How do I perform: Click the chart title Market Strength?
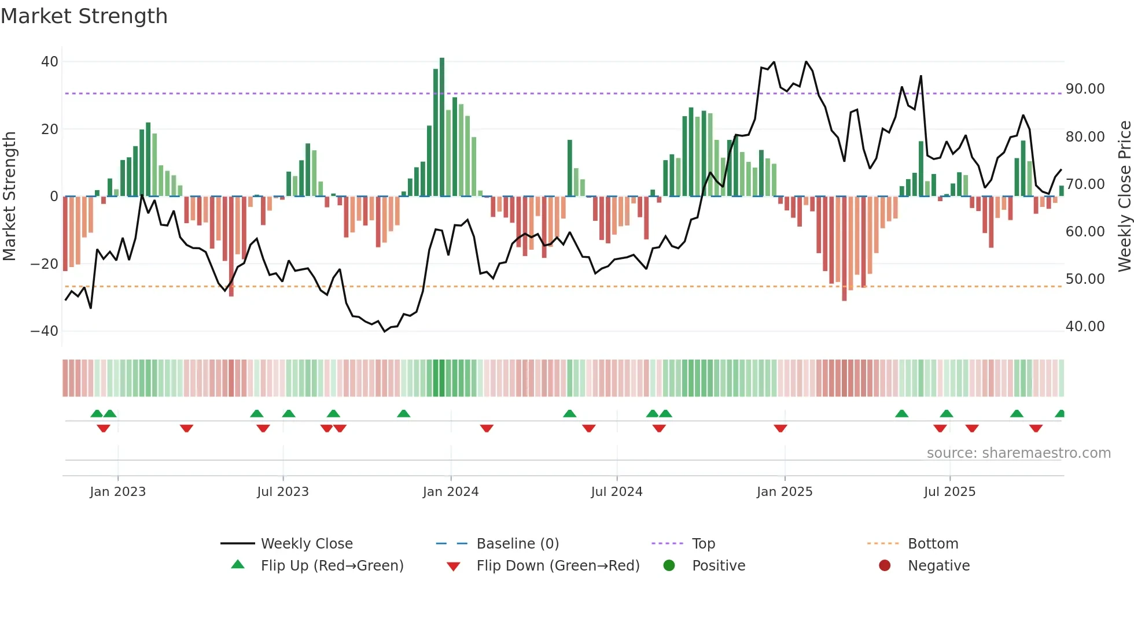click(x=84, y=16)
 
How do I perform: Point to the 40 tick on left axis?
click(x=50, y=61)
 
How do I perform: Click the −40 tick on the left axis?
click(x=45, y=331)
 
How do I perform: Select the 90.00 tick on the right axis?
click(x=1085, y=89)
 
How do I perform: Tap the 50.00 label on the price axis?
click(x=1085, y=279)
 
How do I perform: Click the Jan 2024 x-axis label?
click(x=450, y=492)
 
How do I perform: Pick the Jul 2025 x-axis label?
click(x=949, y=492)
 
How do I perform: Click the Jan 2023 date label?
click(x=117, y=492)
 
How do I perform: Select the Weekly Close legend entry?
click(x=306, y=544)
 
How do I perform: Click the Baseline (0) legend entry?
click(x=517, y=544)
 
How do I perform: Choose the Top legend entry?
click(x=703, y=544)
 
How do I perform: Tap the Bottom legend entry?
click(x=933, y=544)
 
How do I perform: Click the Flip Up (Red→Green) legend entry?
click(x=332, y=566)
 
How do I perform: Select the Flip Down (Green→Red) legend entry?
click(x=558, y=566)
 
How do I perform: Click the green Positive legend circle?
click(x=669, y=565)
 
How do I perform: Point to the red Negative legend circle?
click(x=885, y=565)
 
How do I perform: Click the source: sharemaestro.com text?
click(x=1018, y=453)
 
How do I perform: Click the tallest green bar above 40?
click(x=442, y=127)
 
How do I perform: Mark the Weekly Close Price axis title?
click(x=1124, y=197)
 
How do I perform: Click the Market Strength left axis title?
click(x=9, y=197)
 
